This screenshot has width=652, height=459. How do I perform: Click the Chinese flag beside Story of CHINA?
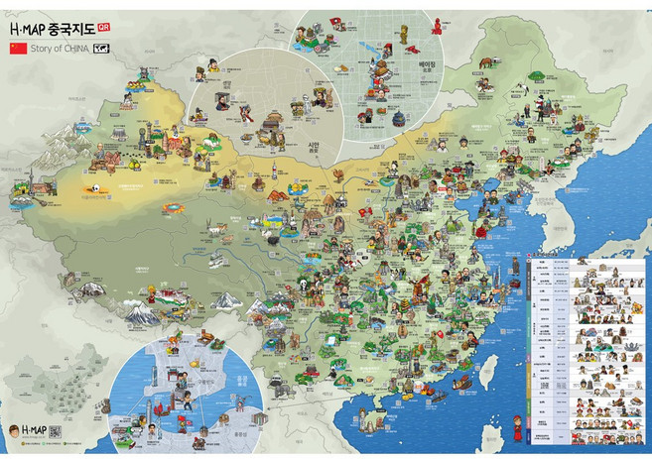16,47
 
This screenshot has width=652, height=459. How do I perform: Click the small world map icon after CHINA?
99,48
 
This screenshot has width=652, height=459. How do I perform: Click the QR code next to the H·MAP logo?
55,432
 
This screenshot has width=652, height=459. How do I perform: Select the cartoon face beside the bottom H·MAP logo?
12,432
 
